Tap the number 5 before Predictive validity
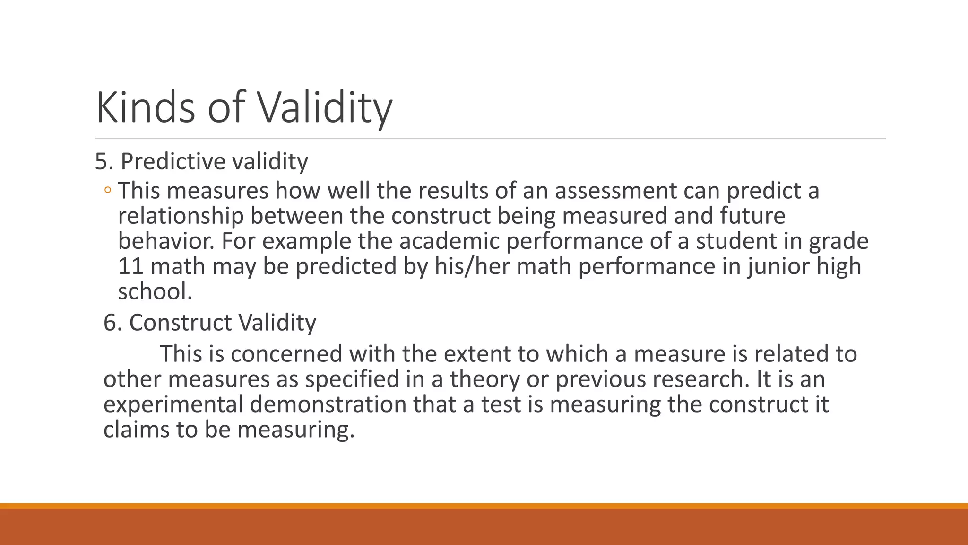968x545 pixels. [101, 162]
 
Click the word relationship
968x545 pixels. [181, 216]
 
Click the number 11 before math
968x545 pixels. [131, 266]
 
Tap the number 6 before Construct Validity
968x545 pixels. [110, 323]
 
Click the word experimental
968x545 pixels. [173, 405]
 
